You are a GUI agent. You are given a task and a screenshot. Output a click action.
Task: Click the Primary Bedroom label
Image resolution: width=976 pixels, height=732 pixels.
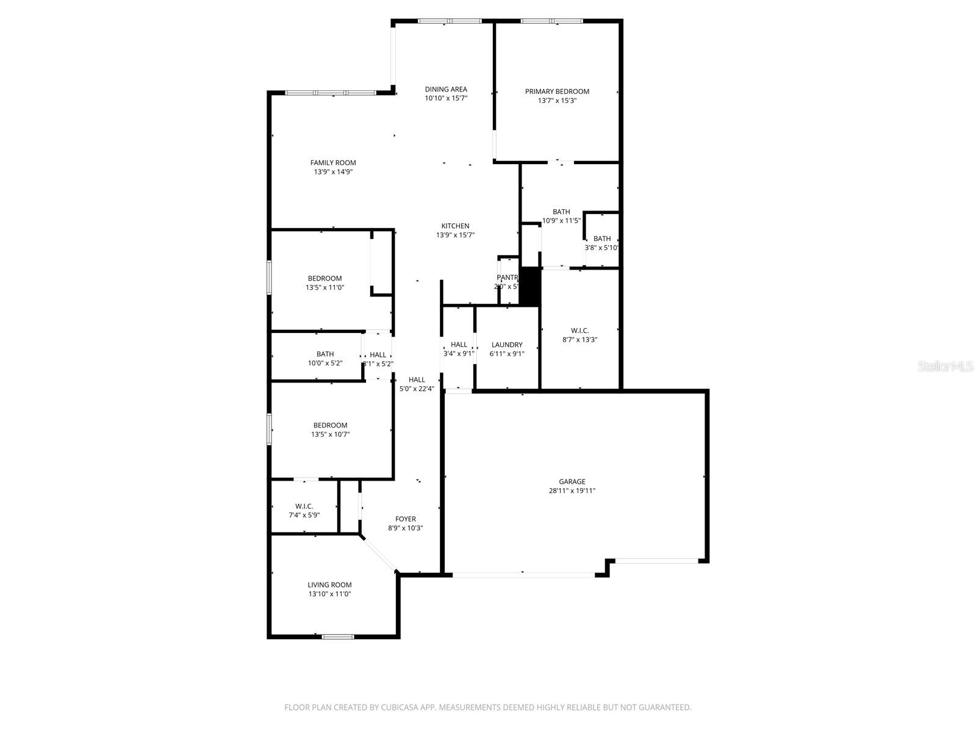(x=557, y=91)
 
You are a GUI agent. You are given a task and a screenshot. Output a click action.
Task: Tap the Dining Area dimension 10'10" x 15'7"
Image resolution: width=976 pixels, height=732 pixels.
(x=446, y=98)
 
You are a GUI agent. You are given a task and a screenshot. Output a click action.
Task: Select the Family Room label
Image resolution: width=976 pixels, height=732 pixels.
(x=333, y=163)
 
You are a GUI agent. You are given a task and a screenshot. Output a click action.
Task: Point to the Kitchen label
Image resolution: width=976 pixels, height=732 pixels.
(x=455, y=226)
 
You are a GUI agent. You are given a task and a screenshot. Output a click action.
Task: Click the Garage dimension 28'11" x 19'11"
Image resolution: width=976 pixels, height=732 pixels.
(x=572, y=490)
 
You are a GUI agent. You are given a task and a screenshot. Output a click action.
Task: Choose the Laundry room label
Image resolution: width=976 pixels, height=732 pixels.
(x=507, y=345)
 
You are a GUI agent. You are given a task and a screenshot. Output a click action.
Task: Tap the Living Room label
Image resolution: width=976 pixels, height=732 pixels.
(x=329, y=585)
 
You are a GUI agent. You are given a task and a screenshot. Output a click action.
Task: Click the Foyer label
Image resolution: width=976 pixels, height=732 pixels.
(x=406, y=519)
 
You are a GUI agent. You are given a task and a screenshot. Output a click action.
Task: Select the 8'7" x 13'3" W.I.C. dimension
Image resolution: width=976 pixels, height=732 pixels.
(x=579, y=340)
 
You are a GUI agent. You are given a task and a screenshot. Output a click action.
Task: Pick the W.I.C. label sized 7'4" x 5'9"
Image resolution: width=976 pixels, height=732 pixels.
(x=304, y=506)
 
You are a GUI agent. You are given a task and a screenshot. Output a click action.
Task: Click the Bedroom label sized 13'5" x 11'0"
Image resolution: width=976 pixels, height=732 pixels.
(x=325, y=279)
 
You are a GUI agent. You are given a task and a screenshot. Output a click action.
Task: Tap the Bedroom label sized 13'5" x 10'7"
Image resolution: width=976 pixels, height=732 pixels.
(x=330, y=425)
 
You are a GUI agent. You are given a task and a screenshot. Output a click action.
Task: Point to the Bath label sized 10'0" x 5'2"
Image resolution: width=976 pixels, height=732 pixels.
(x=325, y=354)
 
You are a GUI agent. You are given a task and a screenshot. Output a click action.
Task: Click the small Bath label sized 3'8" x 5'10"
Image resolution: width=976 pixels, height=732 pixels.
(x=602, y=239)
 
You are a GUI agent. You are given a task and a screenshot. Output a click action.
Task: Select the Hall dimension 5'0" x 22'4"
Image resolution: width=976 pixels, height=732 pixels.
(x=417, y=389)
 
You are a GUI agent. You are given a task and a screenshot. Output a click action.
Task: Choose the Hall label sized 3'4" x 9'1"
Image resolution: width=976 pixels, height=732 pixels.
(x=459, y=345)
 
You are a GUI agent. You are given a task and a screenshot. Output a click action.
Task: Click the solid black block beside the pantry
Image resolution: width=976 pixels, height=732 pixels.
(x=529, y=286)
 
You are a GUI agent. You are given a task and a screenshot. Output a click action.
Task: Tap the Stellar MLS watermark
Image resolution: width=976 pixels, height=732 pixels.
(x=945, y=367)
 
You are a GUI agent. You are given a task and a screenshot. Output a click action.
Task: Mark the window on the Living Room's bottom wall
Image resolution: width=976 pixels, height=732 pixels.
(x=337, y=637)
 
